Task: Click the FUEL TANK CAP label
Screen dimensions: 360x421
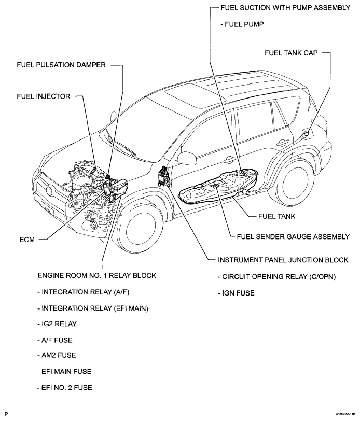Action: point(291,53)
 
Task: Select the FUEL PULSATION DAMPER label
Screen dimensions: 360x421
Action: point(61,65)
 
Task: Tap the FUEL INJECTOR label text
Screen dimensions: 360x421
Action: point(44,96)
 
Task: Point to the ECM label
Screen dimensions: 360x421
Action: point(27,240)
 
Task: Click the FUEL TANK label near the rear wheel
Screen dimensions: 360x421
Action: point(276,216)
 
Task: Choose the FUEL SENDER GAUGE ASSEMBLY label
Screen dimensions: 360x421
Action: point(293,236)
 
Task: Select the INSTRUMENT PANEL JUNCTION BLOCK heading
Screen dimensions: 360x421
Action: point(283,260)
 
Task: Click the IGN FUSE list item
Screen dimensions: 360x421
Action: point(236,293)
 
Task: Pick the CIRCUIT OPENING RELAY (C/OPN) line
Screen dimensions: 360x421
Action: point(277,276)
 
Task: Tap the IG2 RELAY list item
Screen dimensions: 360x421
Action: point(57,324)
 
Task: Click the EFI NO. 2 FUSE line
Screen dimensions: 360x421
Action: point(65,387)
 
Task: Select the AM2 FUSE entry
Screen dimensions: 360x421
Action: point(57,355)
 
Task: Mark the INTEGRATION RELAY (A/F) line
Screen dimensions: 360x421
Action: point(84,292)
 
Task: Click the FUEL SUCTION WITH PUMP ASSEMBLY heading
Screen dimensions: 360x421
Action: point(285,8)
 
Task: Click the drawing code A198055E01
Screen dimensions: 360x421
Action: point(345,414)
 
